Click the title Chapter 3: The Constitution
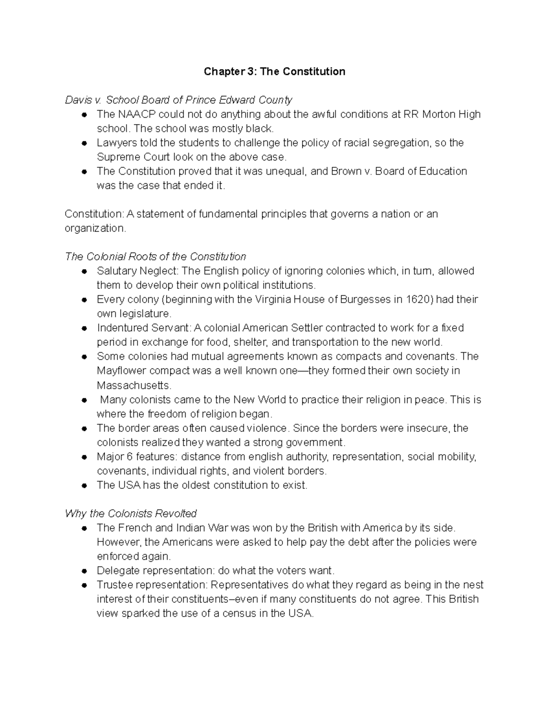[x=275, y=72]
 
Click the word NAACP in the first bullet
[x=136, y=114]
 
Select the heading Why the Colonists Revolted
[x=131, y=513]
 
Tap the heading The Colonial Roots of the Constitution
[x=155, y=257]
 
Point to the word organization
[x=94, y=228]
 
